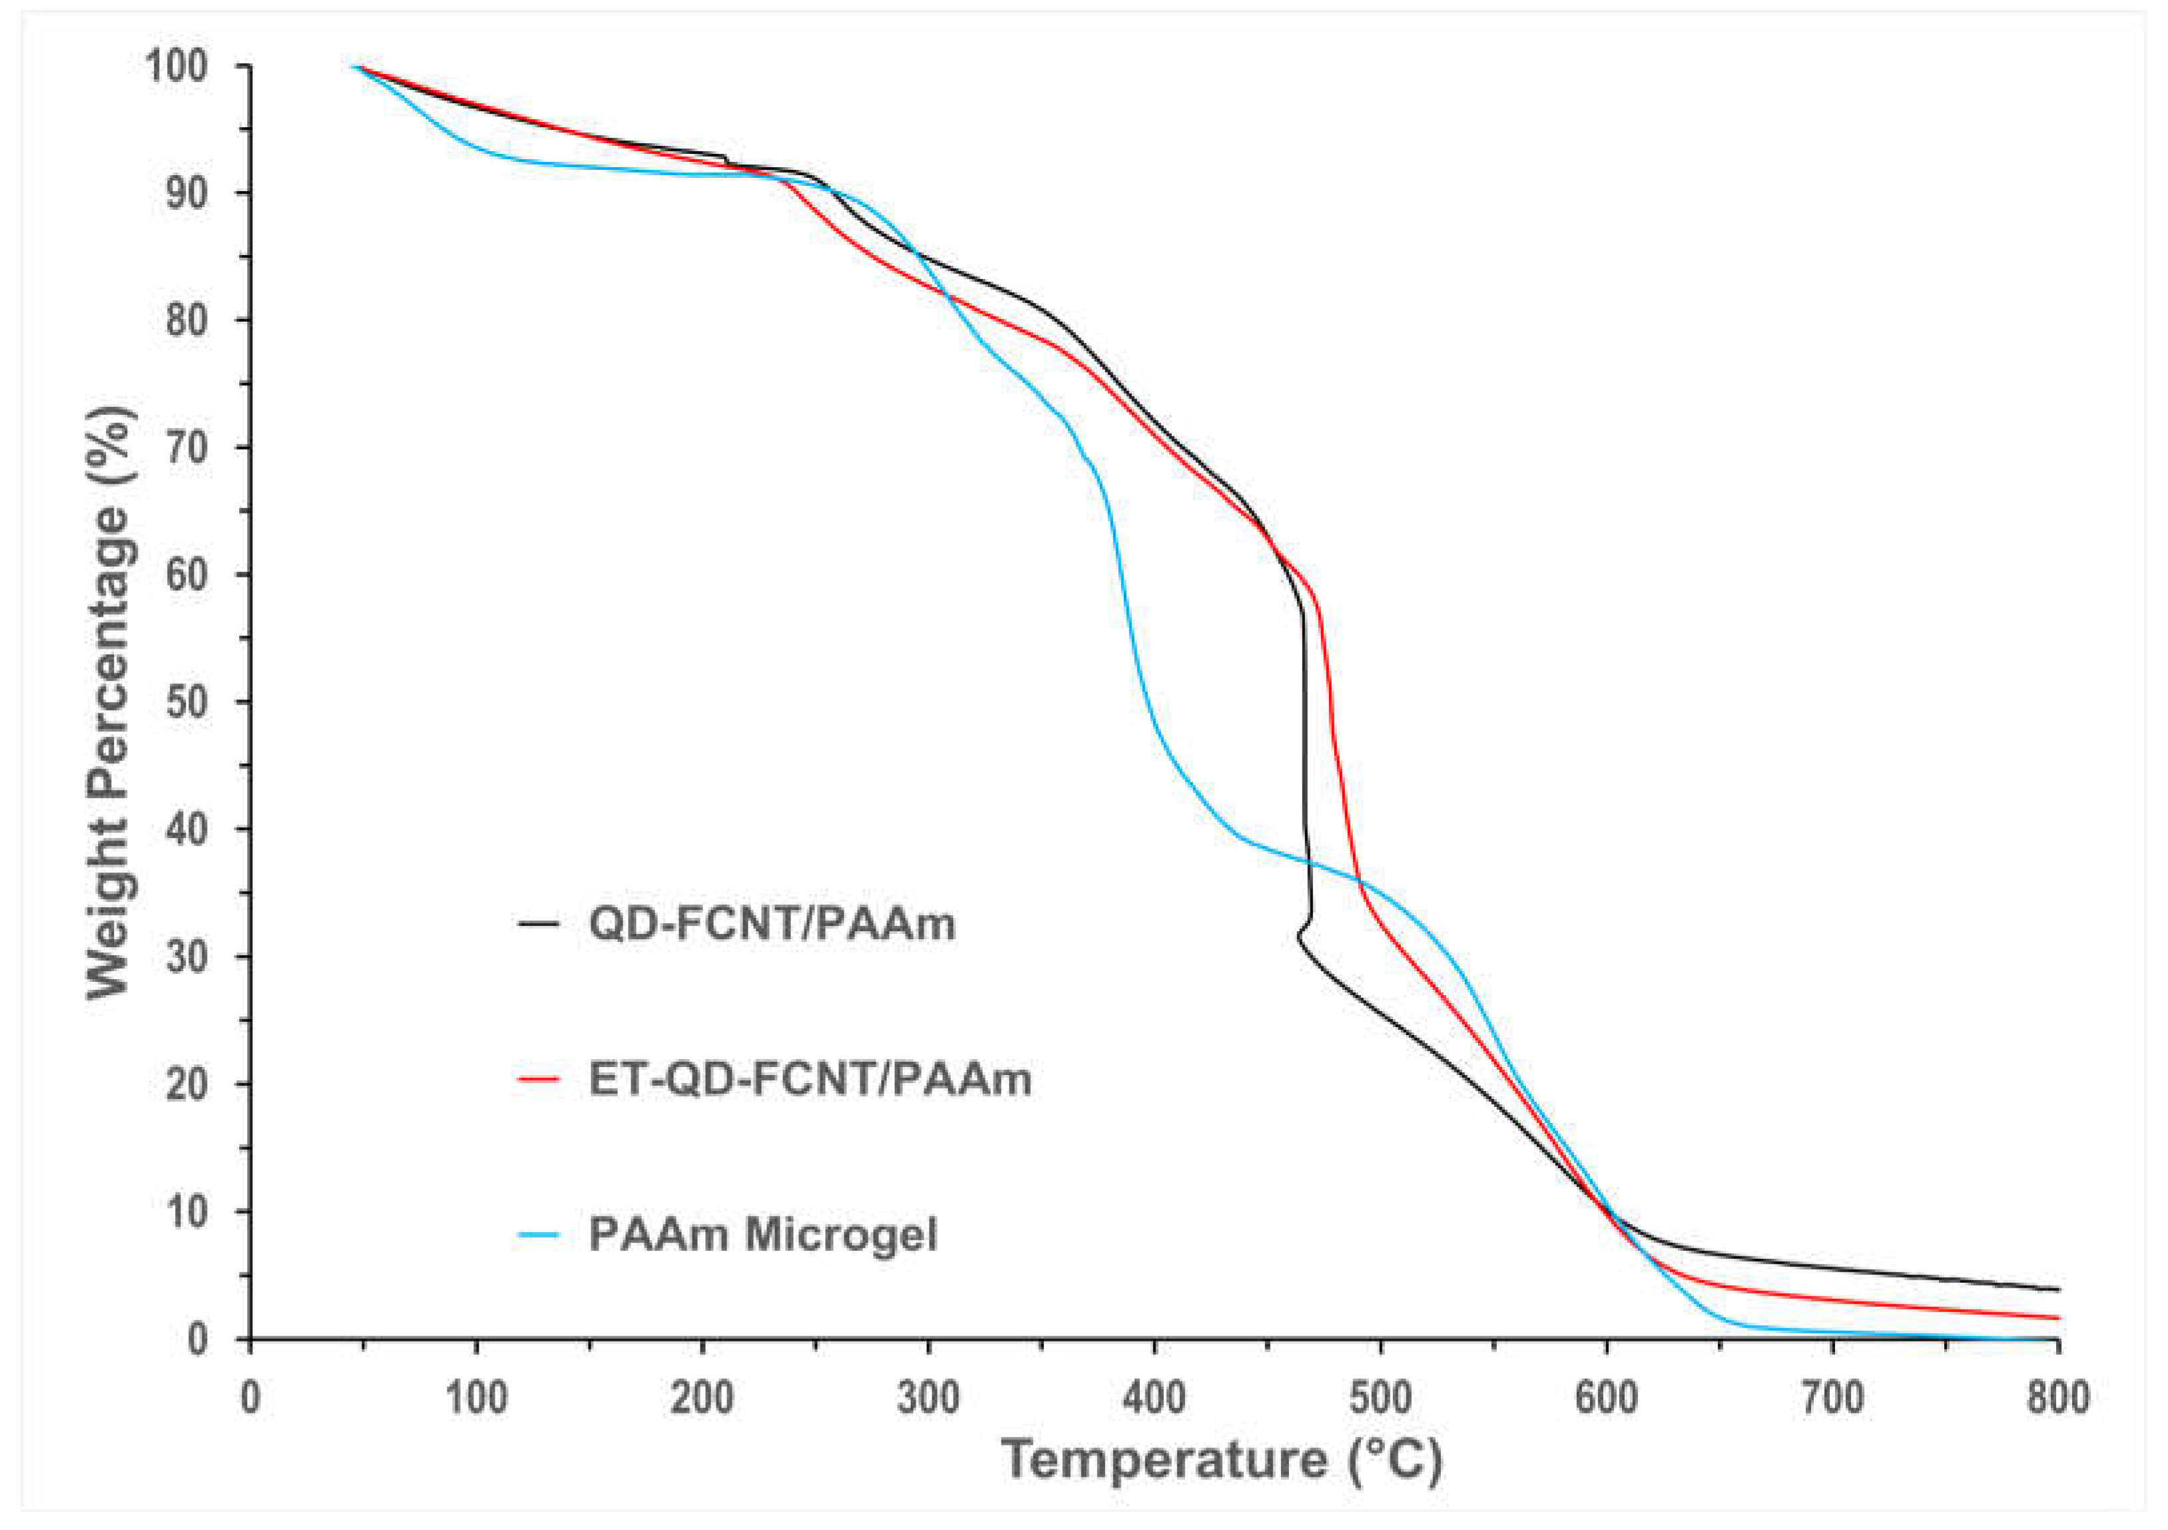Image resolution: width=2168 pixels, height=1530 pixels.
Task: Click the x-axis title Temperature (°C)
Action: coord(1222,1459)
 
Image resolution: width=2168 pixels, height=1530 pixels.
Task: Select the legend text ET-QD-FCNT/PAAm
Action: coord(809,1078)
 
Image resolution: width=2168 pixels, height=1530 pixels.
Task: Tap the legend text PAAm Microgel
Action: coord(763,1234)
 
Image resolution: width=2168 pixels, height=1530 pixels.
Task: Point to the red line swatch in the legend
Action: coord(539,1078)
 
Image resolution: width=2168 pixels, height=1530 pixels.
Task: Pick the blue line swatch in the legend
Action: coord(539,1234)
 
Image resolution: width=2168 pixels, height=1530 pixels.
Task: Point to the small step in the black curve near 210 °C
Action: coord(725,161)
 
